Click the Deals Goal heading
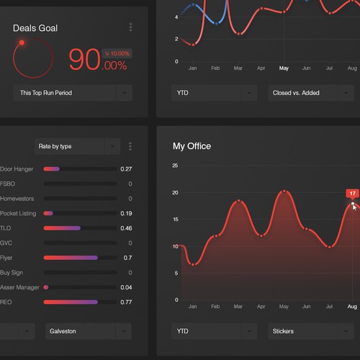(x=45, y=28)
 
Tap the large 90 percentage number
(x=84, y=60)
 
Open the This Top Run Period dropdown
(x=72, y=93)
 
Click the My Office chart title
(x=192, y=146)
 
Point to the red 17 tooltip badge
(x=352, y=193)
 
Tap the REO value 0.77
(x=127, y=302)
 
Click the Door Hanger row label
(x=17, y=169)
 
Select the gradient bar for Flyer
(x=71, y=258)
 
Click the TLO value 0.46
(x=126, y=228)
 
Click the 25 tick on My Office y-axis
(x=175, y=166)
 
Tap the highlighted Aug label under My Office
(x=352, y=307)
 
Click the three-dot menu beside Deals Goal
(x=130, y=27)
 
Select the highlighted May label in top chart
(x=284, y=68)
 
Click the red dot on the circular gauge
(x=22, y=42)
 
